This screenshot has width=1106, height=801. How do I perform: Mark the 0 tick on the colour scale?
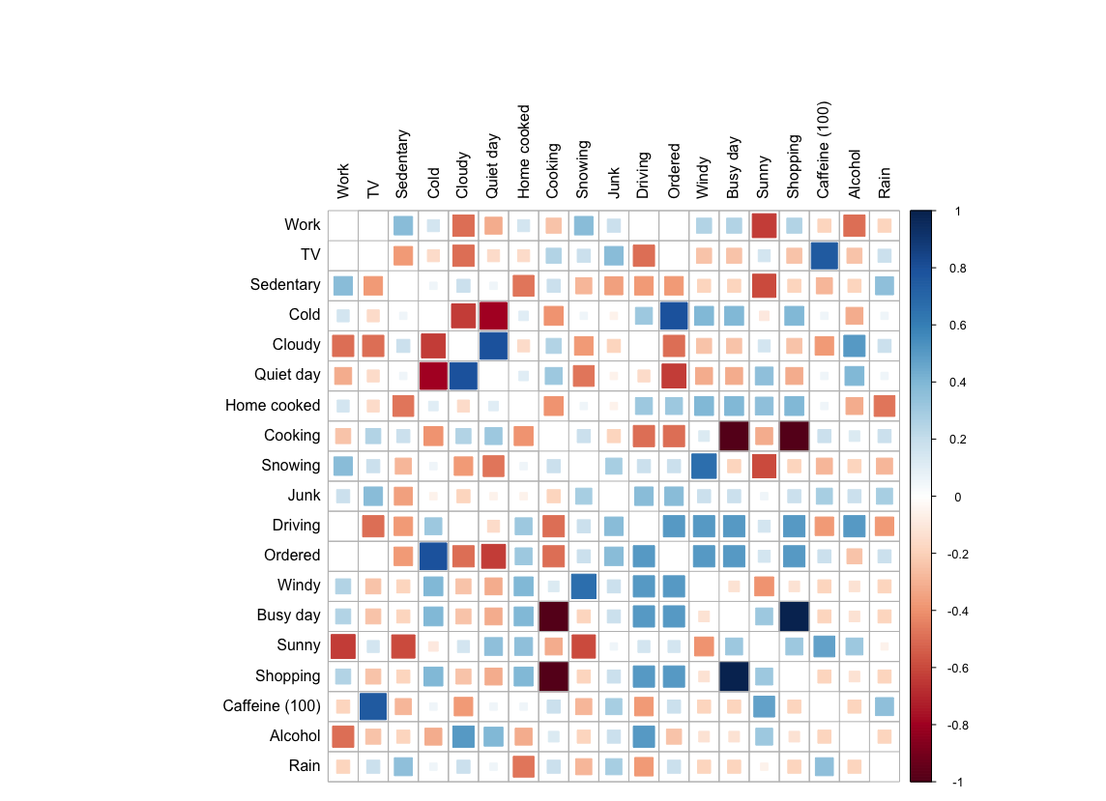[x=956, y=497]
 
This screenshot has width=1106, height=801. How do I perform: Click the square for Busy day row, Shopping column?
[x=794, y=615]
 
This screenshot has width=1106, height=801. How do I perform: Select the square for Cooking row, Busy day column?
[x=733, y=436]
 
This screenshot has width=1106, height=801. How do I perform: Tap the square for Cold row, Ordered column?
[x=673, y=315]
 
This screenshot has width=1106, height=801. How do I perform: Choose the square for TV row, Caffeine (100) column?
[x=824, y=255]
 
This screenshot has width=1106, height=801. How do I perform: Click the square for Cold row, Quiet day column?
[x=493, y=315]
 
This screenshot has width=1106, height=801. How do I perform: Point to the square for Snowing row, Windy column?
[x=703, y=466]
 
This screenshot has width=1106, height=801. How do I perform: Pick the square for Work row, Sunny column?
[x=764, y=225]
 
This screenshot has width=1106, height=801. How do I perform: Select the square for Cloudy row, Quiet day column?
[x=493, y=345]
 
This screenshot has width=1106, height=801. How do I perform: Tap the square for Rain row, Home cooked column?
[x=523, y=766]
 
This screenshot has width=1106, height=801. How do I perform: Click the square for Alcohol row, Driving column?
[x=643, y=735]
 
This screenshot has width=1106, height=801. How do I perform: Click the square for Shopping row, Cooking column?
[x=553, y=675]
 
